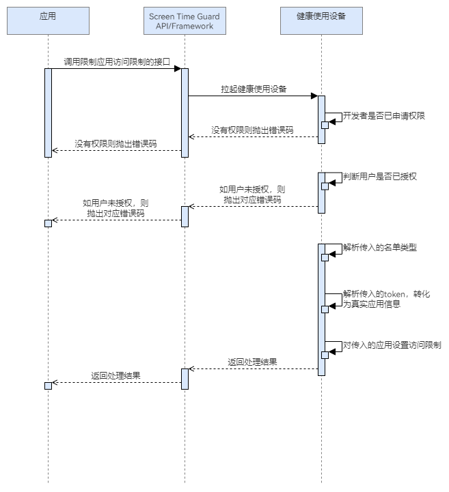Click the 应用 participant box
point(48,20)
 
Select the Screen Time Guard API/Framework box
point(185,20)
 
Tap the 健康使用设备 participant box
point(321,20)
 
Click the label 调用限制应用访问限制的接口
point(117,61)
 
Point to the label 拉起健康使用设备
point(254,89)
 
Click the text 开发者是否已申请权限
point(383,116)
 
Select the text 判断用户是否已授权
point(380,176)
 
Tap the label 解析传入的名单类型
point(380,248)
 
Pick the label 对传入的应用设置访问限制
point(392,345)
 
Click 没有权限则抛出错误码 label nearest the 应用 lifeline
point(115,144)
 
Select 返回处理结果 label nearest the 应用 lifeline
point(116,375)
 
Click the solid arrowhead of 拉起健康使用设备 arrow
point(314,96)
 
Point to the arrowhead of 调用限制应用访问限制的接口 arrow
point(177,69)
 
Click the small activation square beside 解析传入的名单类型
point(325,255)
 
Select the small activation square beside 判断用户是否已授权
point(325,186)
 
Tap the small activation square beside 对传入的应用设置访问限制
point(325,355)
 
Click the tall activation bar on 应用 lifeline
point(48,113)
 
